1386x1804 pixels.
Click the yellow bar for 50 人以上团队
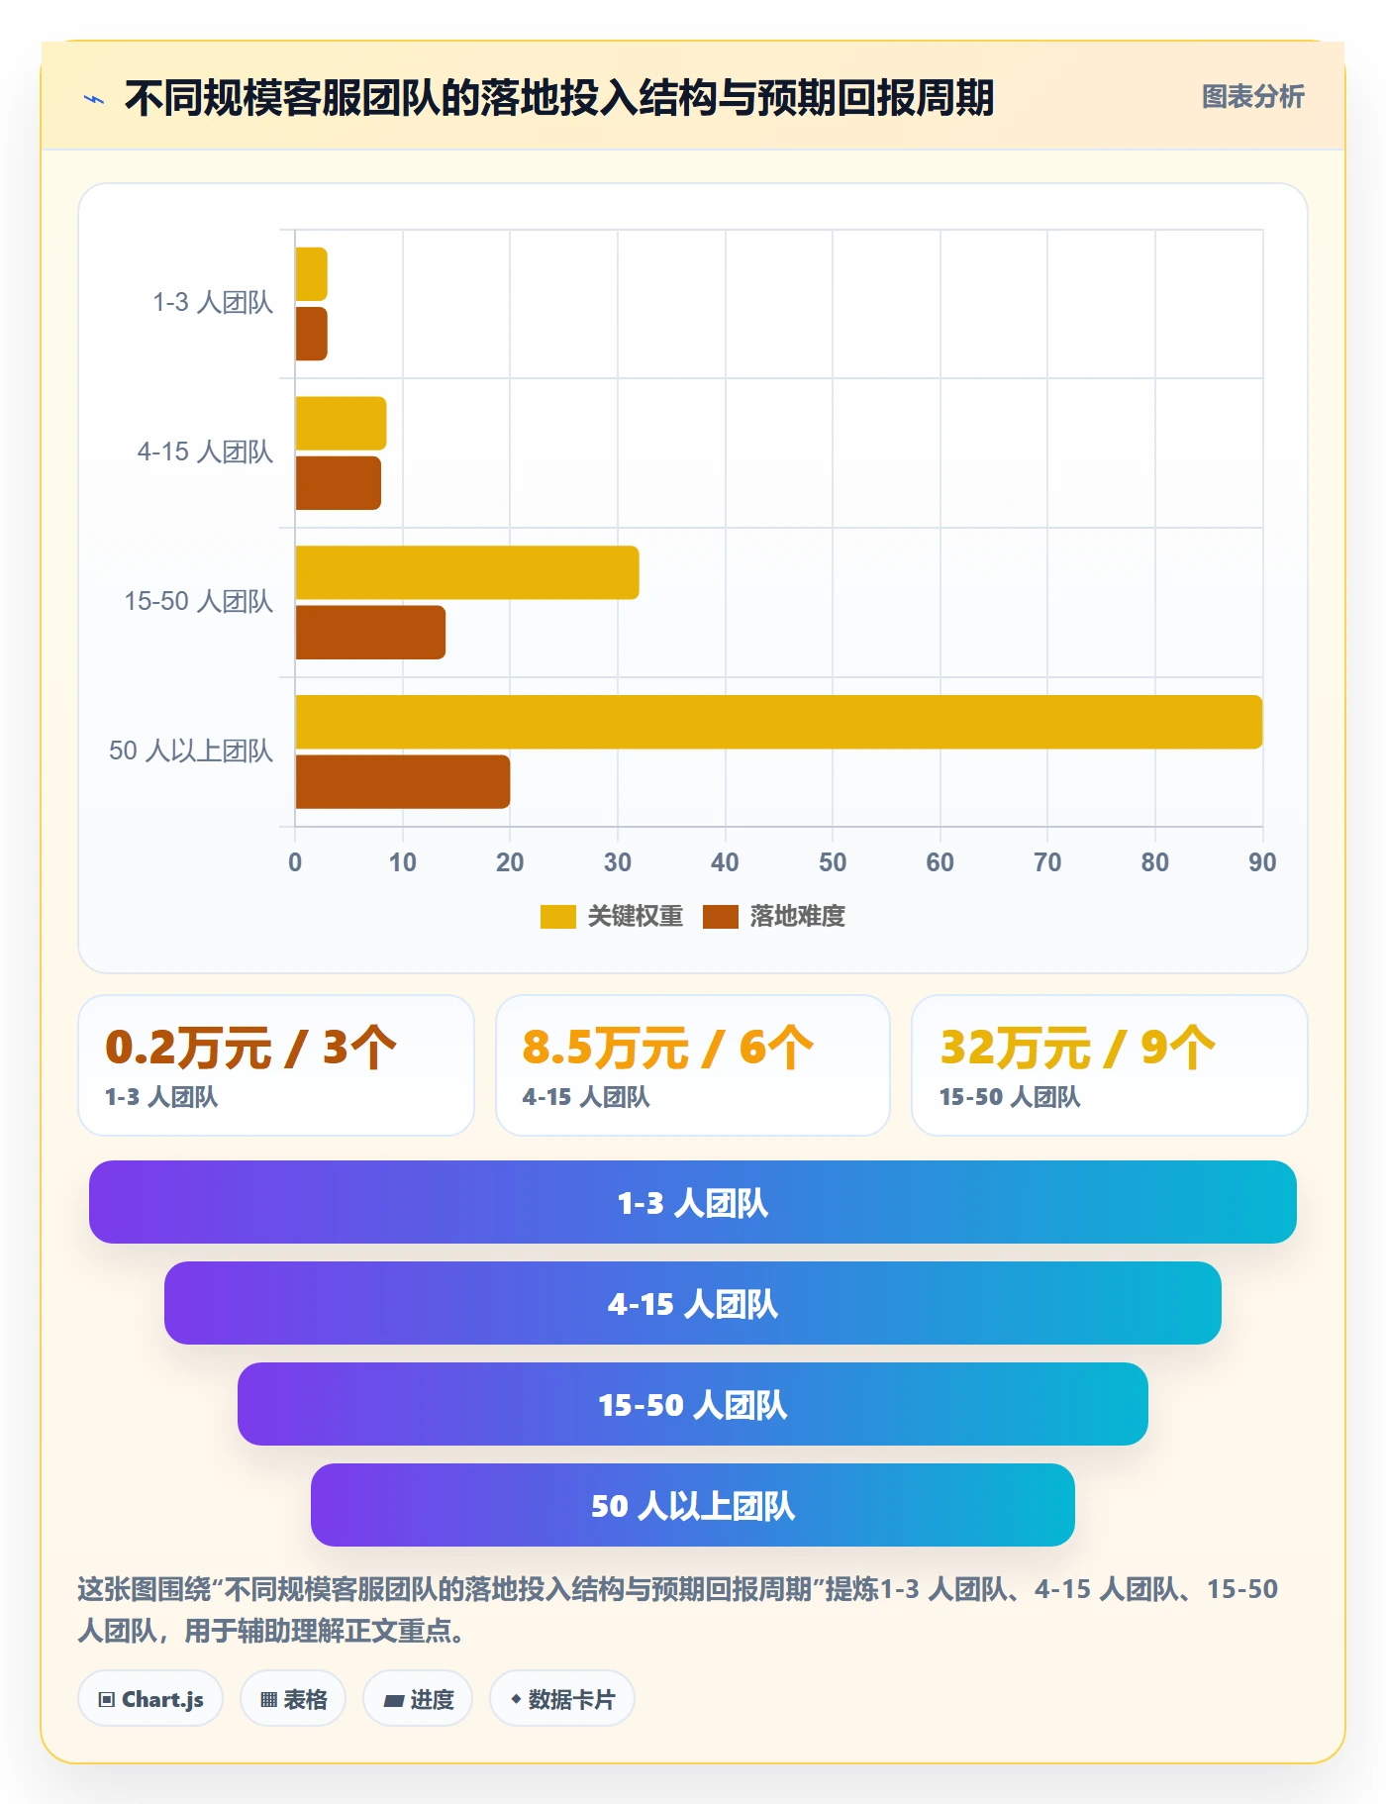tap(779, 722)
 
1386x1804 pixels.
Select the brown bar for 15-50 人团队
tap(370, 633)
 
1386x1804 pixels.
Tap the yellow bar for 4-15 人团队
tap(341, 424)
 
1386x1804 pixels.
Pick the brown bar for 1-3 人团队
tap(311, 334)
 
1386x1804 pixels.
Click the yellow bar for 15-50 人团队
tap(467, 572)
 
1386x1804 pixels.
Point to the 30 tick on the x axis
tap(618, 862)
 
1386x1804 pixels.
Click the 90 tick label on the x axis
tap(1262, 862)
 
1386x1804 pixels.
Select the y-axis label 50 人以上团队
tap(191, 751)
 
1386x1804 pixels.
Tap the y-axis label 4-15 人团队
tap(205, 451)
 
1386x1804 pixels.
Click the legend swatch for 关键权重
tap(557, 917)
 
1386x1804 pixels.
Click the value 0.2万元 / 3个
tap(250, 1048)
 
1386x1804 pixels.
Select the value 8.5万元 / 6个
tap(668, 1048)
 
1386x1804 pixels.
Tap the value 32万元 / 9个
tap(1078, 1048)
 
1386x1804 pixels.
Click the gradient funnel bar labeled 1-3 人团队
tap(693, 1202)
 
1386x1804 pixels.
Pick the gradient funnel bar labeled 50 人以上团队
tap(693, 1505)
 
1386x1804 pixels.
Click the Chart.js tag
tap(150, 1699)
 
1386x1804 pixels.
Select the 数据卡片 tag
tap(562, 1699)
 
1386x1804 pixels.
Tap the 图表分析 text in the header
tap(1253, 97)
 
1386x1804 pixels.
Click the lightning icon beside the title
tap(94, 99)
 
